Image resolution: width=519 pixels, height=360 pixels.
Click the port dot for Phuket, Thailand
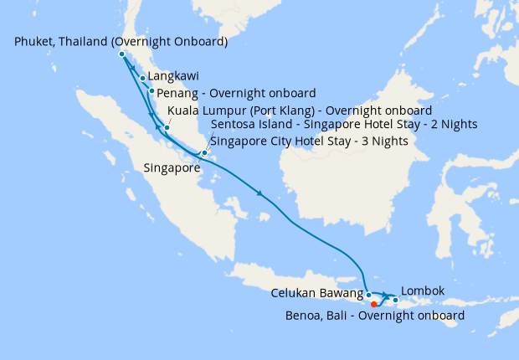[x=122, y=54]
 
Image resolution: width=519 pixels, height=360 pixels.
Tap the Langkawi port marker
[x=143, y=78]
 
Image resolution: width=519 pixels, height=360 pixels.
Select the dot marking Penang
[x=152, y=90]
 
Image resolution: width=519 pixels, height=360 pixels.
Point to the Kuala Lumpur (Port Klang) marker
[x=167, y=127]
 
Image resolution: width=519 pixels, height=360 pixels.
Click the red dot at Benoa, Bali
[x=373, y=305]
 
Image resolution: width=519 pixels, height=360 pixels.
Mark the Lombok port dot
[x=395, y=299]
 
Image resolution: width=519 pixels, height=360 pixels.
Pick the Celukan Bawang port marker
[x=368, y=295]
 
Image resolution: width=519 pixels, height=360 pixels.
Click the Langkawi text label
[x=173, y=75]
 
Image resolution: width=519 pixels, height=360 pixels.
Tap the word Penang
[x=177, y=92]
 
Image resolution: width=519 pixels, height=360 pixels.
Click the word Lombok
[x=423, y=291]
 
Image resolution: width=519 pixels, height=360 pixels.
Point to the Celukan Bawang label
[x=317, y=294]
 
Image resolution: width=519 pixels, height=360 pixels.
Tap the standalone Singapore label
[x=172, y=167]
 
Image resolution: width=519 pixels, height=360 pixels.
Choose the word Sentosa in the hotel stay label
[x=234, y=124]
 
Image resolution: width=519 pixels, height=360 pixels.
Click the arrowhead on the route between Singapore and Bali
[x=261, y=195]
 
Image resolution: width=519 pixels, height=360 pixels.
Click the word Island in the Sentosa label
[x=276, y=124]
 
